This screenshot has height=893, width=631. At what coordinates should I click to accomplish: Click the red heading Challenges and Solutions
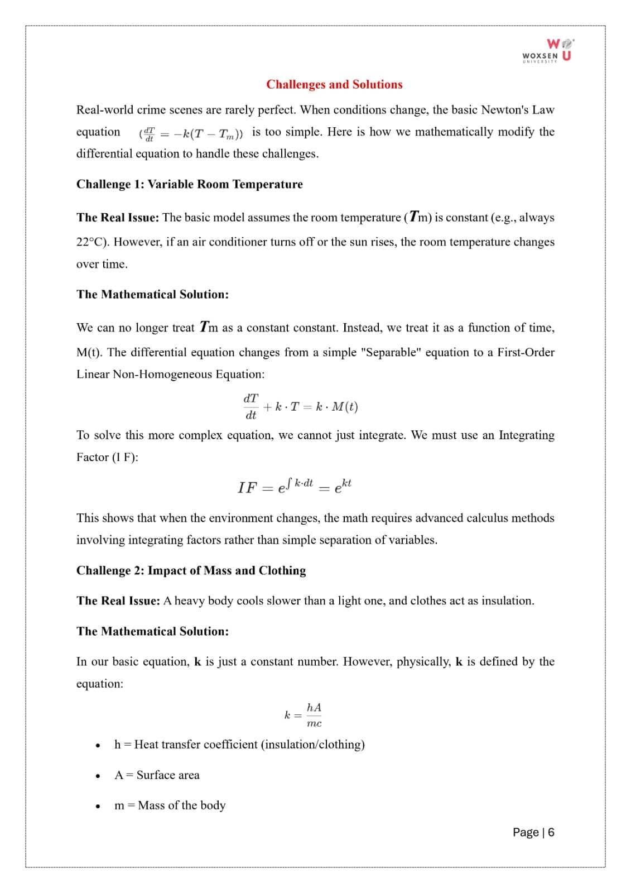(x=334, y=84)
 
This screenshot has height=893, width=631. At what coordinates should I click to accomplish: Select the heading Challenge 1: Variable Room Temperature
(x=189, y=184)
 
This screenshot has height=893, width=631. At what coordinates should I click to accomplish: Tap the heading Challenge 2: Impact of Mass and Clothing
(x=191, y=570)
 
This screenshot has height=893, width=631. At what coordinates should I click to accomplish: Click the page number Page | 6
(x=533, y=832)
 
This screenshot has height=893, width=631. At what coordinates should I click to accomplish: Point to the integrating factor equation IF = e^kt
(x=294, y=486)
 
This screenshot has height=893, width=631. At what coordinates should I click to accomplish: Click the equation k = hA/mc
(x=304, y=715)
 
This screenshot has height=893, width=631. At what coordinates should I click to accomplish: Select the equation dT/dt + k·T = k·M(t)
(x=300, y=406)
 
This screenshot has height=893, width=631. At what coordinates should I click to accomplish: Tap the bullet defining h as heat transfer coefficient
(x=239, y=745)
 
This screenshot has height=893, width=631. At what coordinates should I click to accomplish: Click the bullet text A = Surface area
(x=157, y=775)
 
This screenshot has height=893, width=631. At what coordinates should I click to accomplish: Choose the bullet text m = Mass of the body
(x=170, y=805)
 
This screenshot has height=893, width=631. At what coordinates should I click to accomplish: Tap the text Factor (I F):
(x=107, y=457)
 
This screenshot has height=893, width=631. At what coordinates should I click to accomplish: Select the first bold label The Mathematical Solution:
(x=152, y=294)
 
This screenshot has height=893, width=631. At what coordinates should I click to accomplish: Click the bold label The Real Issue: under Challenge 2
(x=118, y=601)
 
